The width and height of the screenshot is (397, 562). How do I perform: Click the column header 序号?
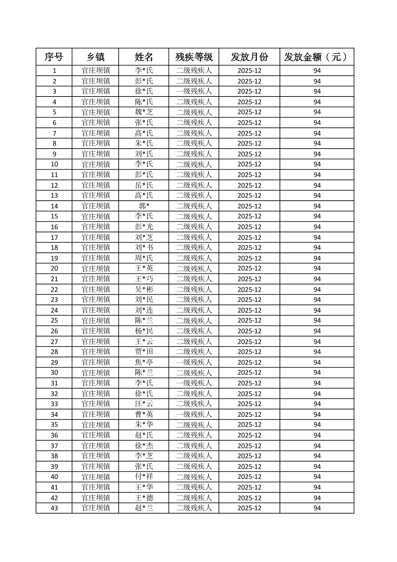pos(54,57)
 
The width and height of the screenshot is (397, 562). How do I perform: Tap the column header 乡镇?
pos(95,57)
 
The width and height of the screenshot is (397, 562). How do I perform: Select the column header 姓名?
pos(144,57)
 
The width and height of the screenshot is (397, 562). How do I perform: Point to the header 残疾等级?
pos(194,57)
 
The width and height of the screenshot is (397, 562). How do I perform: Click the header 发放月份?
pos(249,57)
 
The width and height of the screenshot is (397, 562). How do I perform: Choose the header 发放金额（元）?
pos(317,57)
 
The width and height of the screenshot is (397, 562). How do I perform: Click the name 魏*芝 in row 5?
pos(144,112)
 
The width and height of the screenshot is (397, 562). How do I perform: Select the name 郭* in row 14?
pos(144,206)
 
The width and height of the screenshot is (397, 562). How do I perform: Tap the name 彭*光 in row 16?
pos(144,226)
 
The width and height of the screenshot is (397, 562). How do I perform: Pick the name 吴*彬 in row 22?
pos(144,289)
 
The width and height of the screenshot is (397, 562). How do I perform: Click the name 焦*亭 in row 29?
pos(144,362)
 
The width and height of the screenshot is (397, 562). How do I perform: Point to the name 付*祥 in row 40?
pos(144,477)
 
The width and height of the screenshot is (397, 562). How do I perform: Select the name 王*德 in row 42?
pos(144,498)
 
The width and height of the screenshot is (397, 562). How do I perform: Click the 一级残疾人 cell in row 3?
pos(194,91)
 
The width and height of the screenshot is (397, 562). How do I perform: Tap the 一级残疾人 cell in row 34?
pos(194,414)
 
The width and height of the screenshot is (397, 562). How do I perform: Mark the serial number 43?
pos(54,508)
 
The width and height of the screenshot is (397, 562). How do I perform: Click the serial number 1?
pos(54,70)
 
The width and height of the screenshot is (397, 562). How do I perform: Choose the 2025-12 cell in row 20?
pos(249,268)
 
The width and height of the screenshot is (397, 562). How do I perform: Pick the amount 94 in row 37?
pos(317,445)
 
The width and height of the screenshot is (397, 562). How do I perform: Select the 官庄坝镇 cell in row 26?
pos(95,331)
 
